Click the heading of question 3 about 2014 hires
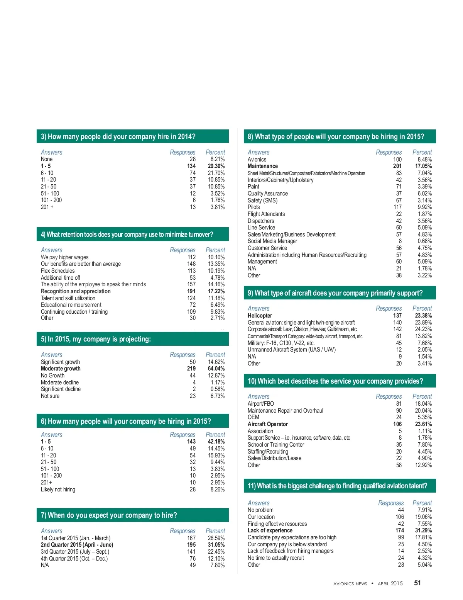[x=118, y=137]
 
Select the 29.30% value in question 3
[x=216, y=166]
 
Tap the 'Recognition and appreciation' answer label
[x=76, y=291]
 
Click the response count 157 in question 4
[x=191, y=284]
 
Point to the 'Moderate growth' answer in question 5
[x=61, y=369]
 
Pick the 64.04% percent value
[x=216, y=369]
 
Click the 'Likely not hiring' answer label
[x=58, y=490]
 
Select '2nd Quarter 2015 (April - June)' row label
[x=77, y=545]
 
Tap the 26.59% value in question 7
[x=216, y=538]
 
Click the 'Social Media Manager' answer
[x=272, y=241]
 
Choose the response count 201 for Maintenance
[x=397, y=166]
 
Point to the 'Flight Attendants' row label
[x=266, y=214]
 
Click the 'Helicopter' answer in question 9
[x=260, y=316]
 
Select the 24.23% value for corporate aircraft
[x=423, y=329]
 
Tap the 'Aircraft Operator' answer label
[x=268, y=424]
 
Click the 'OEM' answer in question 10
[x=253, y=417]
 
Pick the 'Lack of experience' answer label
[x=270, y=530]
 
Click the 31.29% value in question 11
[x=423, y=530]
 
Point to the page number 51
[x=417, y=583]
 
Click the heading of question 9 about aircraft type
[x=335, y=293]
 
